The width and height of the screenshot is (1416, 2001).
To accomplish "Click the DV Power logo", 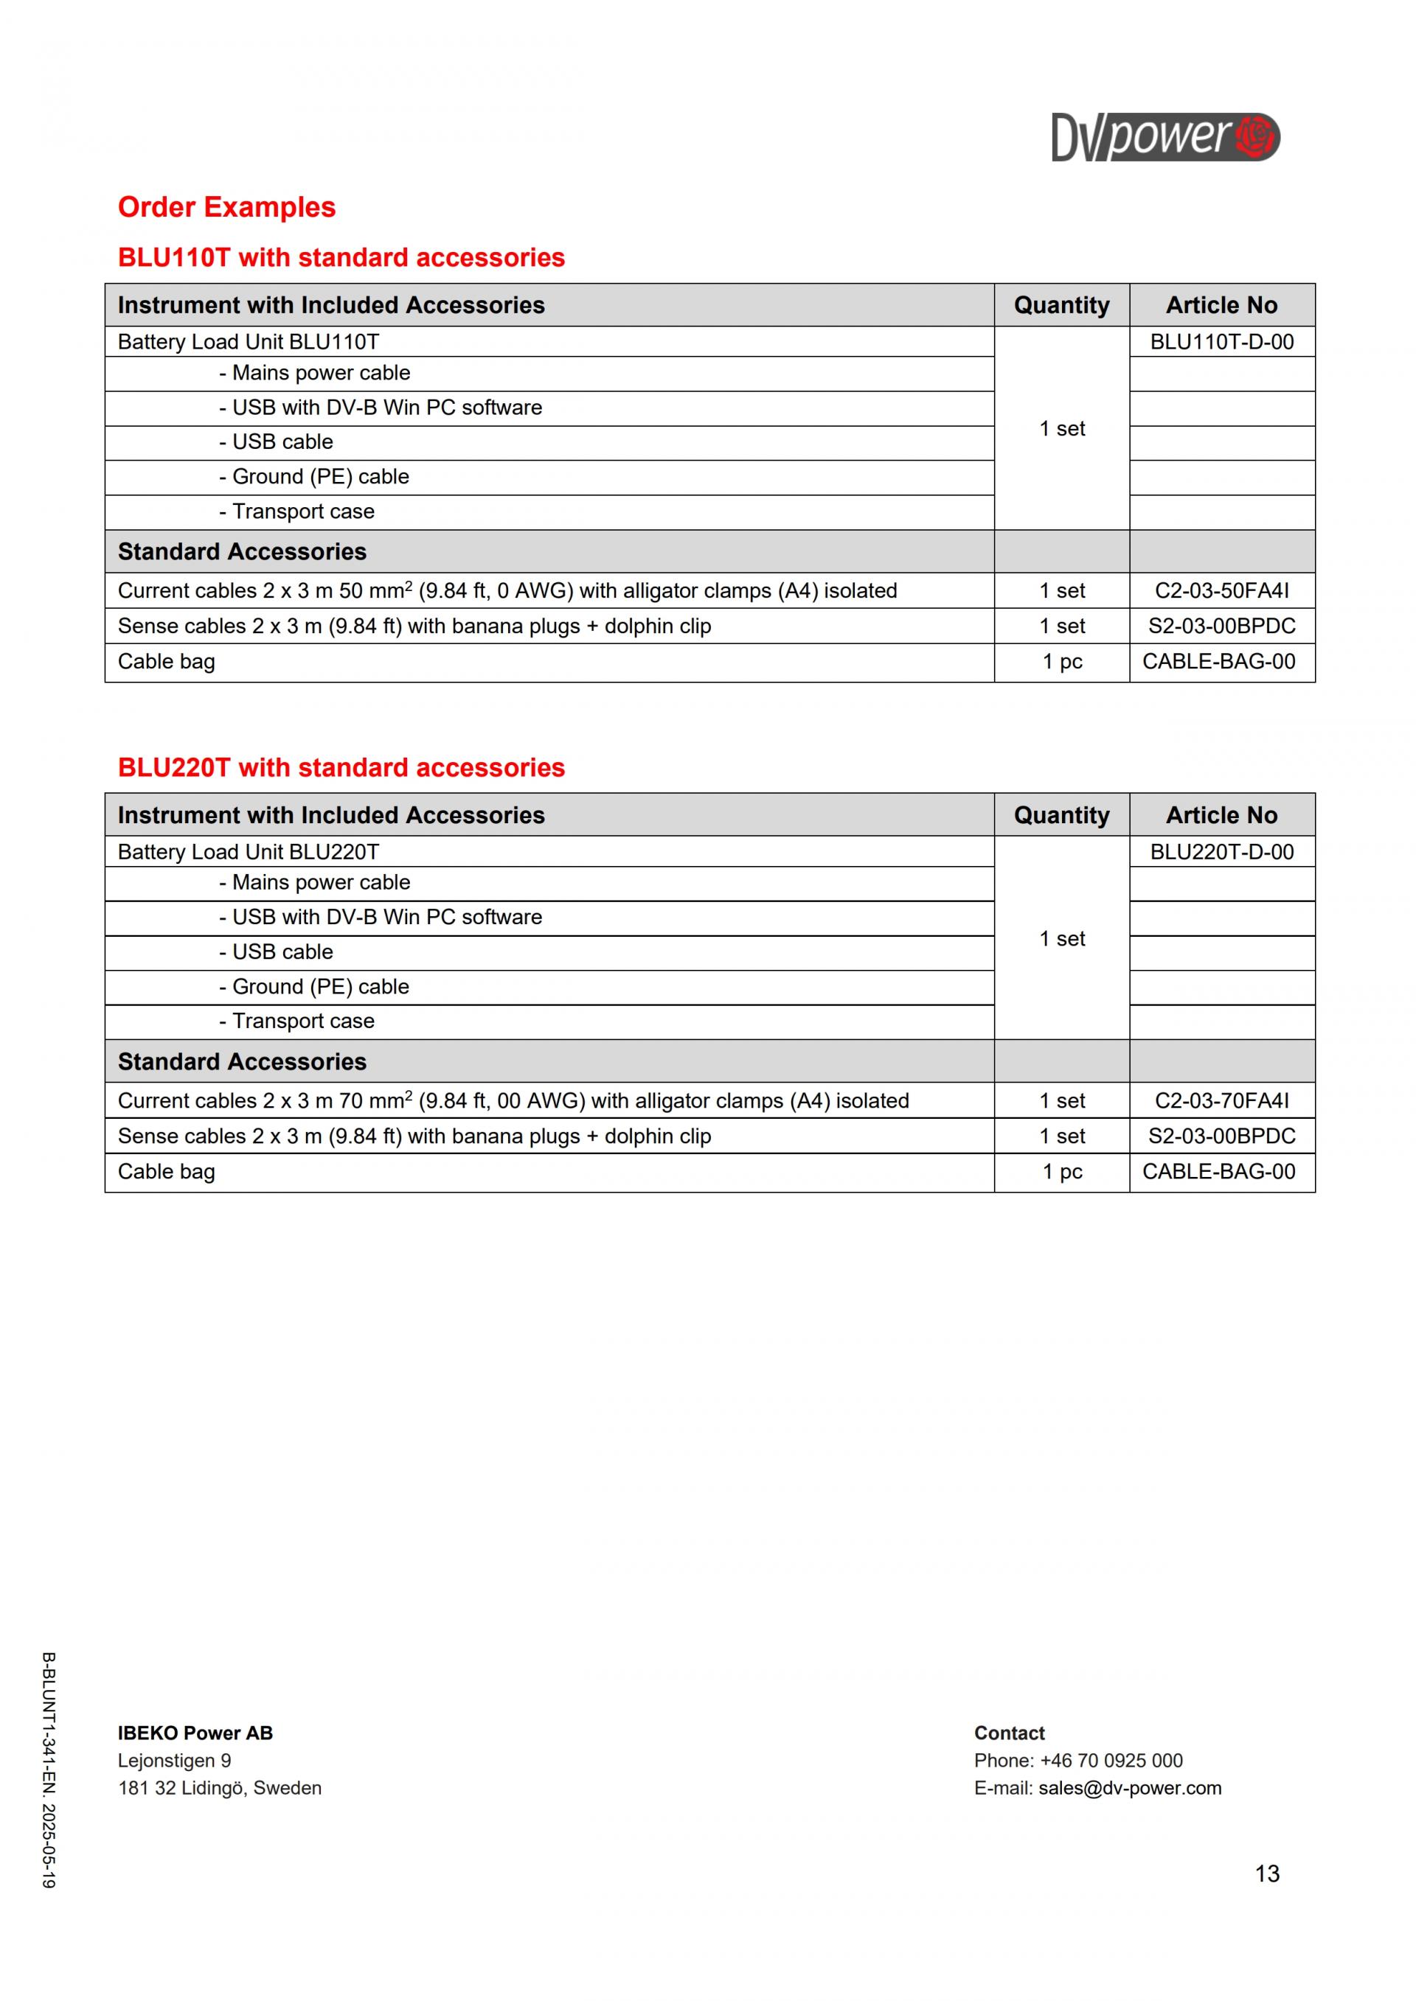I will click(1165, 137).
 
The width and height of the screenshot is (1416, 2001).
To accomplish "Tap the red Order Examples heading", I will click(226, 207).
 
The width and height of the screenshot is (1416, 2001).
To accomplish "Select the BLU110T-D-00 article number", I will click(1221, 342).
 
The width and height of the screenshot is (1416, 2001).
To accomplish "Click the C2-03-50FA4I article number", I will click(1221, 591).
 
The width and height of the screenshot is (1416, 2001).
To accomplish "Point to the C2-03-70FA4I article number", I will click(1221, 1100).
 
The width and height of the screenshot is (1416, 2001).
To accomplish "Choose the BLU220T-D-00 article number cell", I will click(1221, 851).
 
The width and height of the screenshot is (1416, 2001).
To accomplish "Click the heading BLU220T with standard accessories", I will click(341, 768).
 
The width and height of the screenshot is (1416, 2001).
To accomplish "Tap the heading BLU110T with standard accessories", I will click(341, 258).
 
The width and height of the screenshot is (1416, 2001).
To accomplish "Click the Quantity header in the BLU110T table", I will click(1061, 305).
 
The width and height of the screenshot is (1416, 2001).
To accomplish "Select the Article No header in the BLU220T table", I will click(1221, 815).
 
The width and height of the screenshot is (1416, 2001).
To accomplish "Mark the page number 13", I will click(1267, 1873).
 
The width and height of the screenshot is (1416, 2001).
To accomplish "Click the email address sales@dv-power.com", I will click(1129, 1788).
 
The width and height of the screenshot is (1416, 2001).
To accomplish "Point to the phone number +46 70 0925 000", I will click(1111, 1761).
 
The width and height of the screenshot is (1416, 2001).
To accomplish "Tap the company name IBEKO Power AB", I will click(195, 1733).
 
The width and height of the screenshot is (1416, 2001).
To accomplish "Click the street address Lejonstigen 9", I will click(174, 1761).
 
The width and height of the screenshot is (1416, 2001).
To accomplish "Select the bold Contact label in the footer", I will click(1009, 1733).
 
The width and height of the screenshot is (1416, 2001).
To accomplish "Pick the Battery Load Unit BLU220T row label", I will click(249, 851).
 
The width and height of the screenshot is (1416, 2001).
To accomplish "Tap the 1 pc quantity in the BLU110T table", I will click(1062, 662).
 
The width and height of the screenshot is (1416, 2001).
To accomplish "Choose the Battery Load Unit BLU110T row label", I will click(249, 342).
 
